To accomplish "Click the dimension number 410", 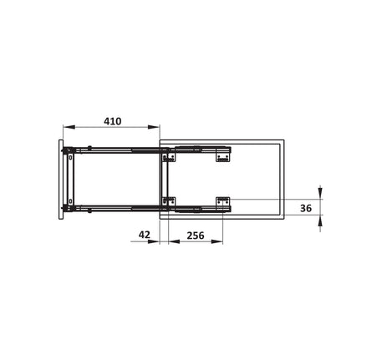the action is pyautogui.click(x=113, y=121).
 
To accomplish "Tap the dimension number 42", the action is pyautogui.click(x=145, y=235).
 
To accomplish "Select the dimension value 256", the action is pyautogui.click(x=196, y=236).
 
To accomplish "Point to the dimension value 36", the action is pyautogui.click(x=306, y=208).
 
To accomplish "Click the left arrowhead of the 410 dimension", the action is pyautogui.click(x=69, y=127).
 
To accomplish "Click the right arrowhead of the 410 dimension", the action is pyautogui.click(x=154, y=127).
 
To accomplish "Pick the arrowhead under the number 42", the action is pyautogui.click(x=154, y=241).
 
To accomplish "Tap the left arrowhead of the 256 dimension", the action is pyautogui.click(x=174, y=241).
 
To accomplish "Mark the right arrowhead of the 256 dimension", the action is pyautogui.click(x=217, y=241).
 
